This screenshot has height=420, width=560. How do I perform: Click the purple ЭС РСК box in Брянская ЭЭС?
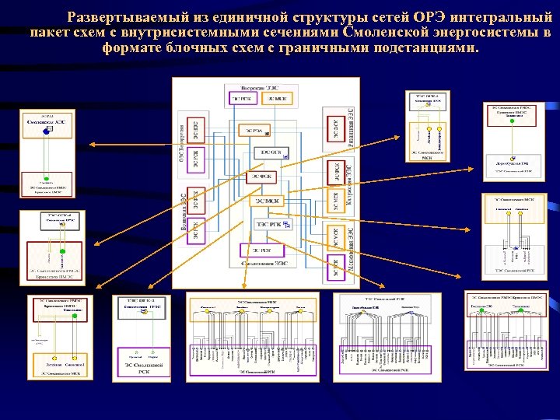tap(195, 231)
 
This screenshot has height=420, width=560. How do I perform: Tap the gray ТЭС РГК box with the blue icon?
tap(271, 225)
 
